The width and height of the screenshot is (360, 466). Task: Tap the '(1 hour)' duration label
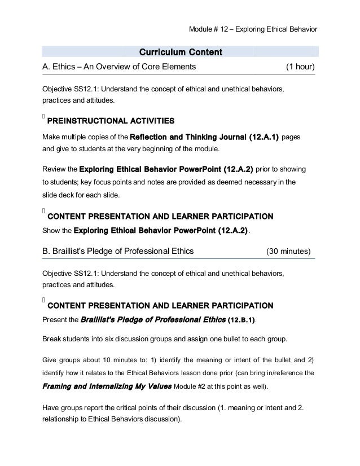[x=300, y=68]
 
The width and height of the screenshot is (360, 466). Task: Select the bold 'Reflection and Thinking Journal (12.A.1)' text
[x=204, y=138]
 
